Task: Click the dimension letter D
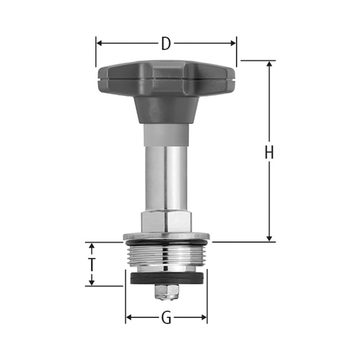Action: click(166, 44)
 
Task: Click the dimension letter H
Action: click(269, 153)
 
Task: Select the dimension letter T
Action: click(92, 264)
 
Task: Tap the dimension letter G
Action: click(166, 318)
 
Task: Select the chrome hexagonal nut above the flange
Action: click(166, 221)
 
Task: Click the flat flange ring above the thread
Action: click(166, 236)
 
